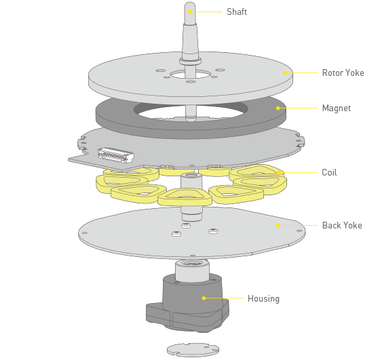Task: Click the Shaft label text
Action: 237,12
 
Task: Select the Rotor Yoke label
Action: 343,73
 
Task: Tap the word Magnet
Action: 337,108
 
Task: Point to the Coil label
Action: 329,173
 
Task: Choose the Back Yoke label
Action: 342,225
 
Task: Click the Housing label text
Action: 263,298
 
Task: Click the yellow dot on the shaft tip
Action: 190,12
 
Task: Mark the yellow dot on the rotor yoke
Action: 285,73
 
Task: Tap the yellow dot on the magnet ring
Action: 278,108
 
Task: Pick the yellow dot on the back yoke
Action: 278,225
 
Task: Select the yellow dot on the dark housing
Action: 204,298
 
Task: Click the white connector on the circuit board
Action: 116,155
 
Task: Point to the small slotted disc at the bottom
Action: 193,350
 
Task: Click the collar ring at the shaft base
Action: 190,61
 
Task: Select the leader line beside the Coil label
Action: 300,173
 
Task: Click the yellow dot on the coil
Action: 279,172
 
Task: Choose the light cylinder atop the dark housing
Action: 192,271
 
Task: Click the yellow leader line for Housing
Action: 225,298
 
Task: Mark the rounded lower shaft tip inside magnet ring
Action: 191,118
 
